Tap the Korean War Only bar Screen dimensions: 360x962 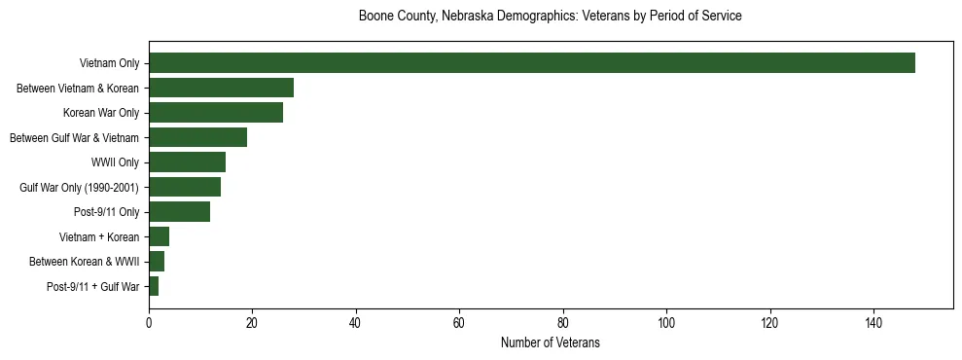pyautogui.click(x=216, y=113)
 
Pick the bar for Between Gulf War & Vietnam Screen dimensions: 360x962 pyautogui.click(x=197, y=137)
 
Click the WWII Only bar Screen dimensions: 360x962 pyautogui.click(x=187, y=162)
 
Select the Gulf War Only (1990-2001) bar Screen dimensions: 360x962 pyautogui.click(x=185, y=187)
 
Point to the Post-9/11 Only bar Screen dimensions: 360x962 pyautogui.click(x=179, y=212)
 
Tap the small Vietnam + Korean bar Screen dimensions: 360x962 pyautogui.click(x=159, y=236)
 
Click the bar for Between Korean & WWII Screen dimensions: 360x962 pyautogui.click(x=157, y=262)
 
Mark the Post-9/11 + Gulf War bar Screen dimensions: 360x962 pyautogui.click(x=154, y=286)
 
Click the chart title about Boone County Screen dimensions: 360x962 pyautogui.click(x=550, y=17)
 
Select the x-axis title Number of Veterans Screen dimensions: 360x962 pyautogui.click(x=550, y=342)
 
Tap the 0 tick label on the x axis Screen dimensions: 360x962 pyautogui.click(x=149, y=323)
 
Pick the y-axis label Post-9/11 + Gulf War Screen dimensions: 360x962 pyautogui.click(x=93, y=286)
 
